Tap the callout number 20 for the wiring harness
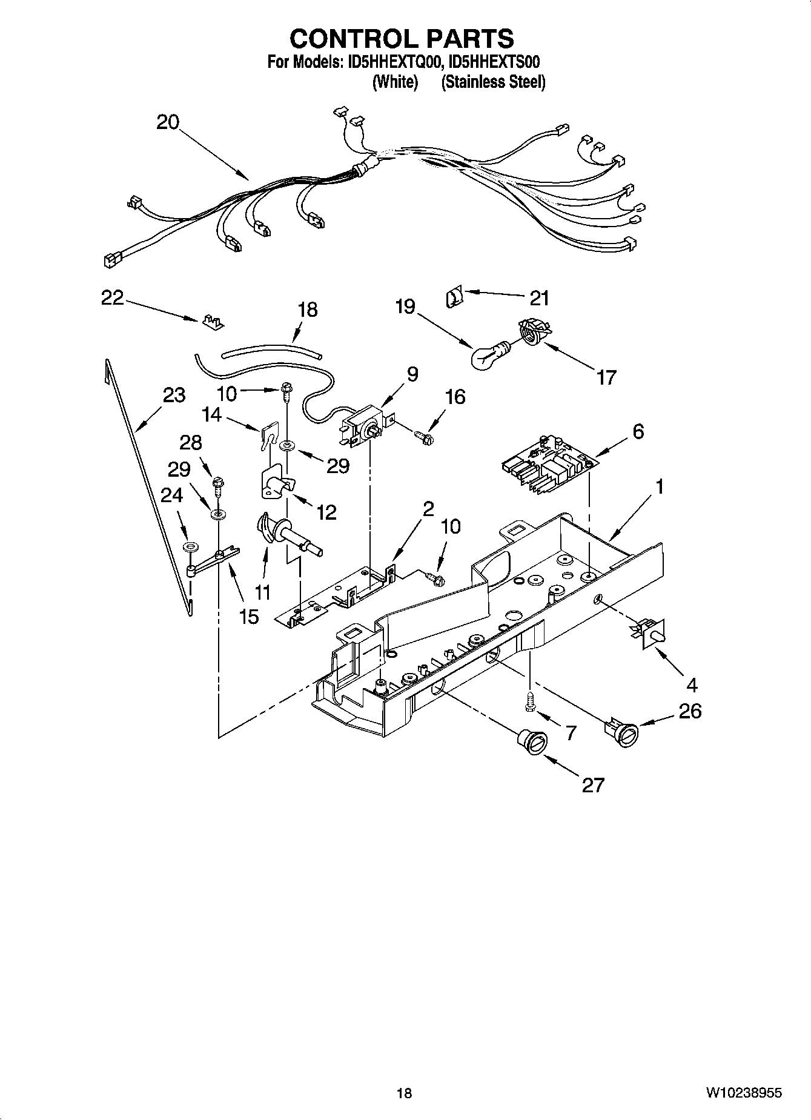click(168, 122)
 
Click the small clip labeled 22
click(212, 322)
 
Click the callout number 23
click(173, 396)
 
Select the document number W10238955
click(743, 1093)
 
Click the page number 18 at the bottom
click(404, 1093)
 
